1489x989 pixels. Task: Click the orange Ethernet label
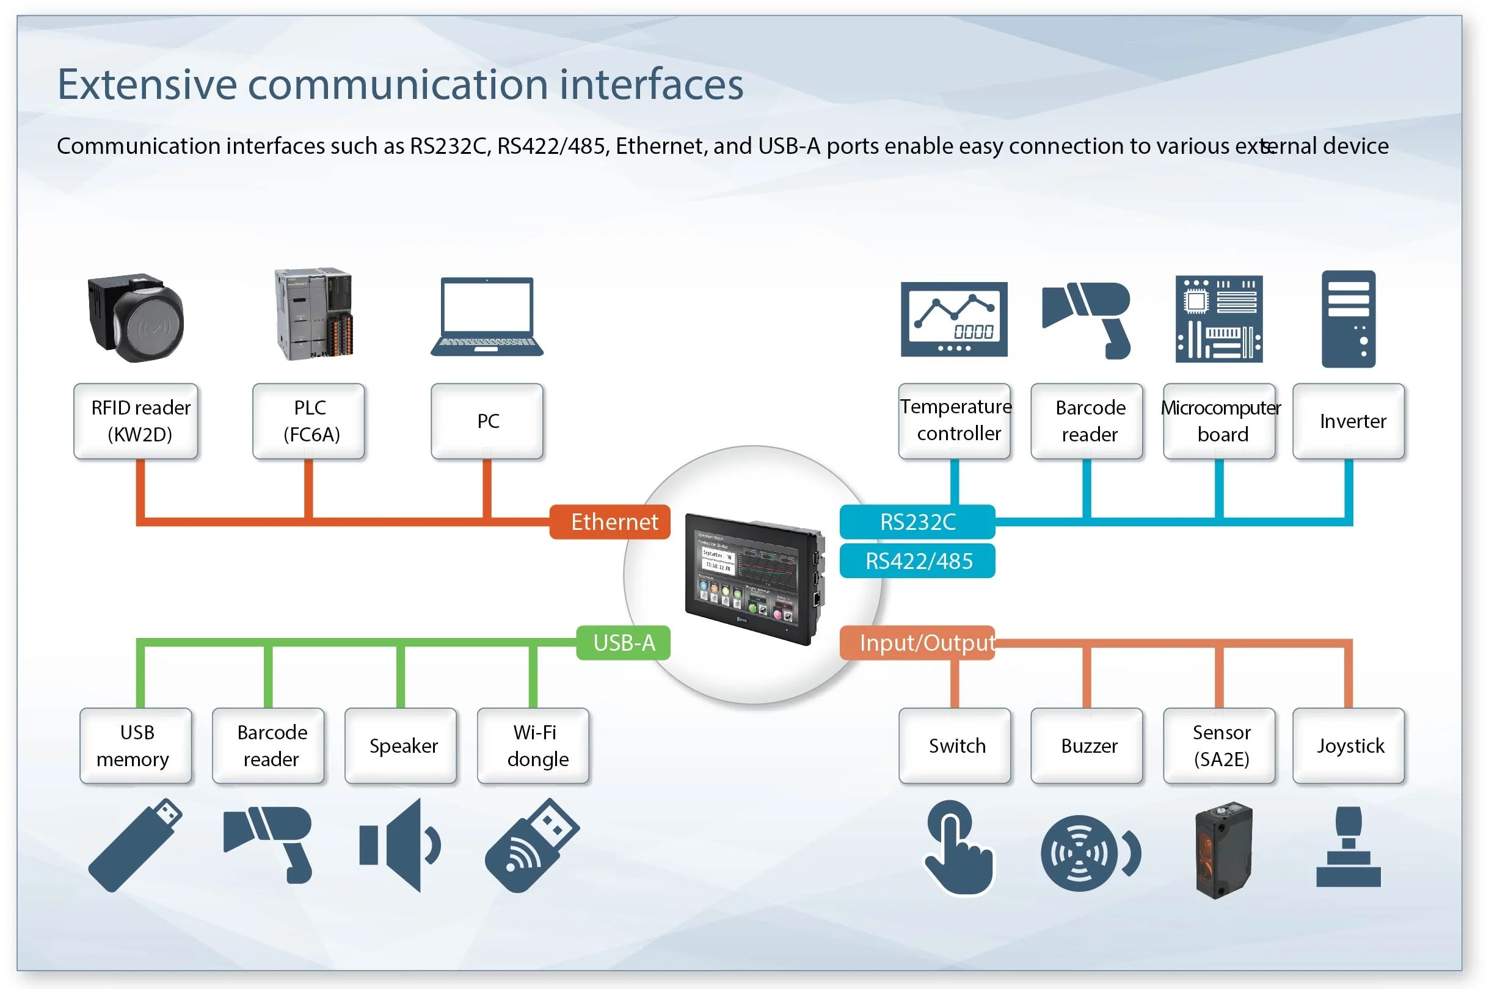(x=610, y=522)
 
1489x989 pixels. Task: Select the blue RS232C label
(x=917, y=522)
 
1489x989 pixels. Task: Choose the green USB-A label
(x=624, y=643)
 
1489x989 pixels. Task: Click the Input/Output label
(x=917, y=643)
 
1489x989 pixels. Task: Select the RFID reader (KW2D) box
(x=136, y=421)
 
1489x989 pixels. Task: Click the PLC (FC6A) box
(x=308, y=421)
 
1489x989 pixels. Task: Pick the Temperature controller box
(x=955, y=421)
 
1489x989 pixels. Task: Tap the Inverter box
(x=1349, y=421)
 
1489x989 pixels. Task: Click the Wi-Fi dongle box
(x=534, y=746)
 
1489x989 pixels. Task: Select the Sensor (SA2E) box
(x=1220, y=746)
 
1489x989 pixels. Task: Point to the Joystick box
(x=1349, y=746)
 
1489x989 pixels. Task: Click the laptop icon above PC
(x=487, y=317)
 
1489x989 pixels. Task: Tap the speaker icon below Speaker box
(x=400, y=845)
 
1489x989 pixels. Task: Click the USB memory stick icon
(x=135, y=845)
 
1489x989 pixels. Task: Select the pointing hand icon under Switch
(x=957, y=849)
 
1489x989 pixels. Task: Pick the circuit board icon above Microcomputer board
(x=1219, y=319)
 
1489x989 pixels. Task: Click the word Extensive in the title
(x=147, y=84)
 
